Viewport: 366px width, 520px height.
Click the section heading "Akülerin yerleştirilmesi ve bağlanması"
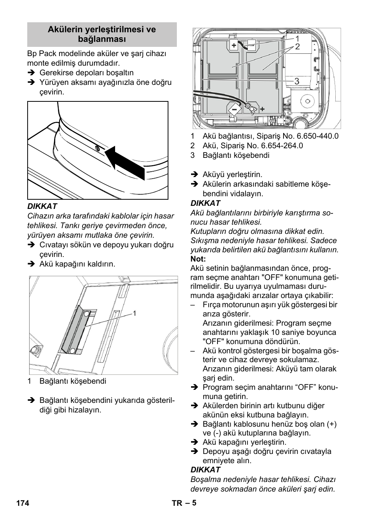tap(102, 34)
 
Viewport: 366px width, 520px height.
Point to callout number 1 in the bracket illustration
tap(135, 313)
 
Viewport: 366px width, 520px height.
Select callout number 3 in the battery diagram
tap(297, 81)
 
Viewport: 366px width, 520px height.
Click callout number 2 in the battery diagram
tap(297, 47)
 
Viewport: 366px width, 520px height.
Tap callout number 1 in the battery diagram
tap(297, 38)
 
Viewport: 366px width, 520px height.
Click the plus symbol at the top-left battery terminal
tap(234, 46)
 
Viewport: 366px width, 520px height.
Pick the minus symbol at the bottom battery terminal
tap(234, 109)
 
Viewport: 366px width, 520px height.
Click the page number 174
tap(23, 503)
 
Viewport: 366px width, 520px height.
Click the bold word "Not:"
tap(198, 259)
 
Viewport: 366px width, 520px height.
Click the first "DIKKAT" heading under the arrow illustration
tap(42, 206)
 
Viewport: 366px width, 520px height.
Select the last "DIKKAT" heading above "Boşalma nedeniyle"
tap(205, 470)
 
